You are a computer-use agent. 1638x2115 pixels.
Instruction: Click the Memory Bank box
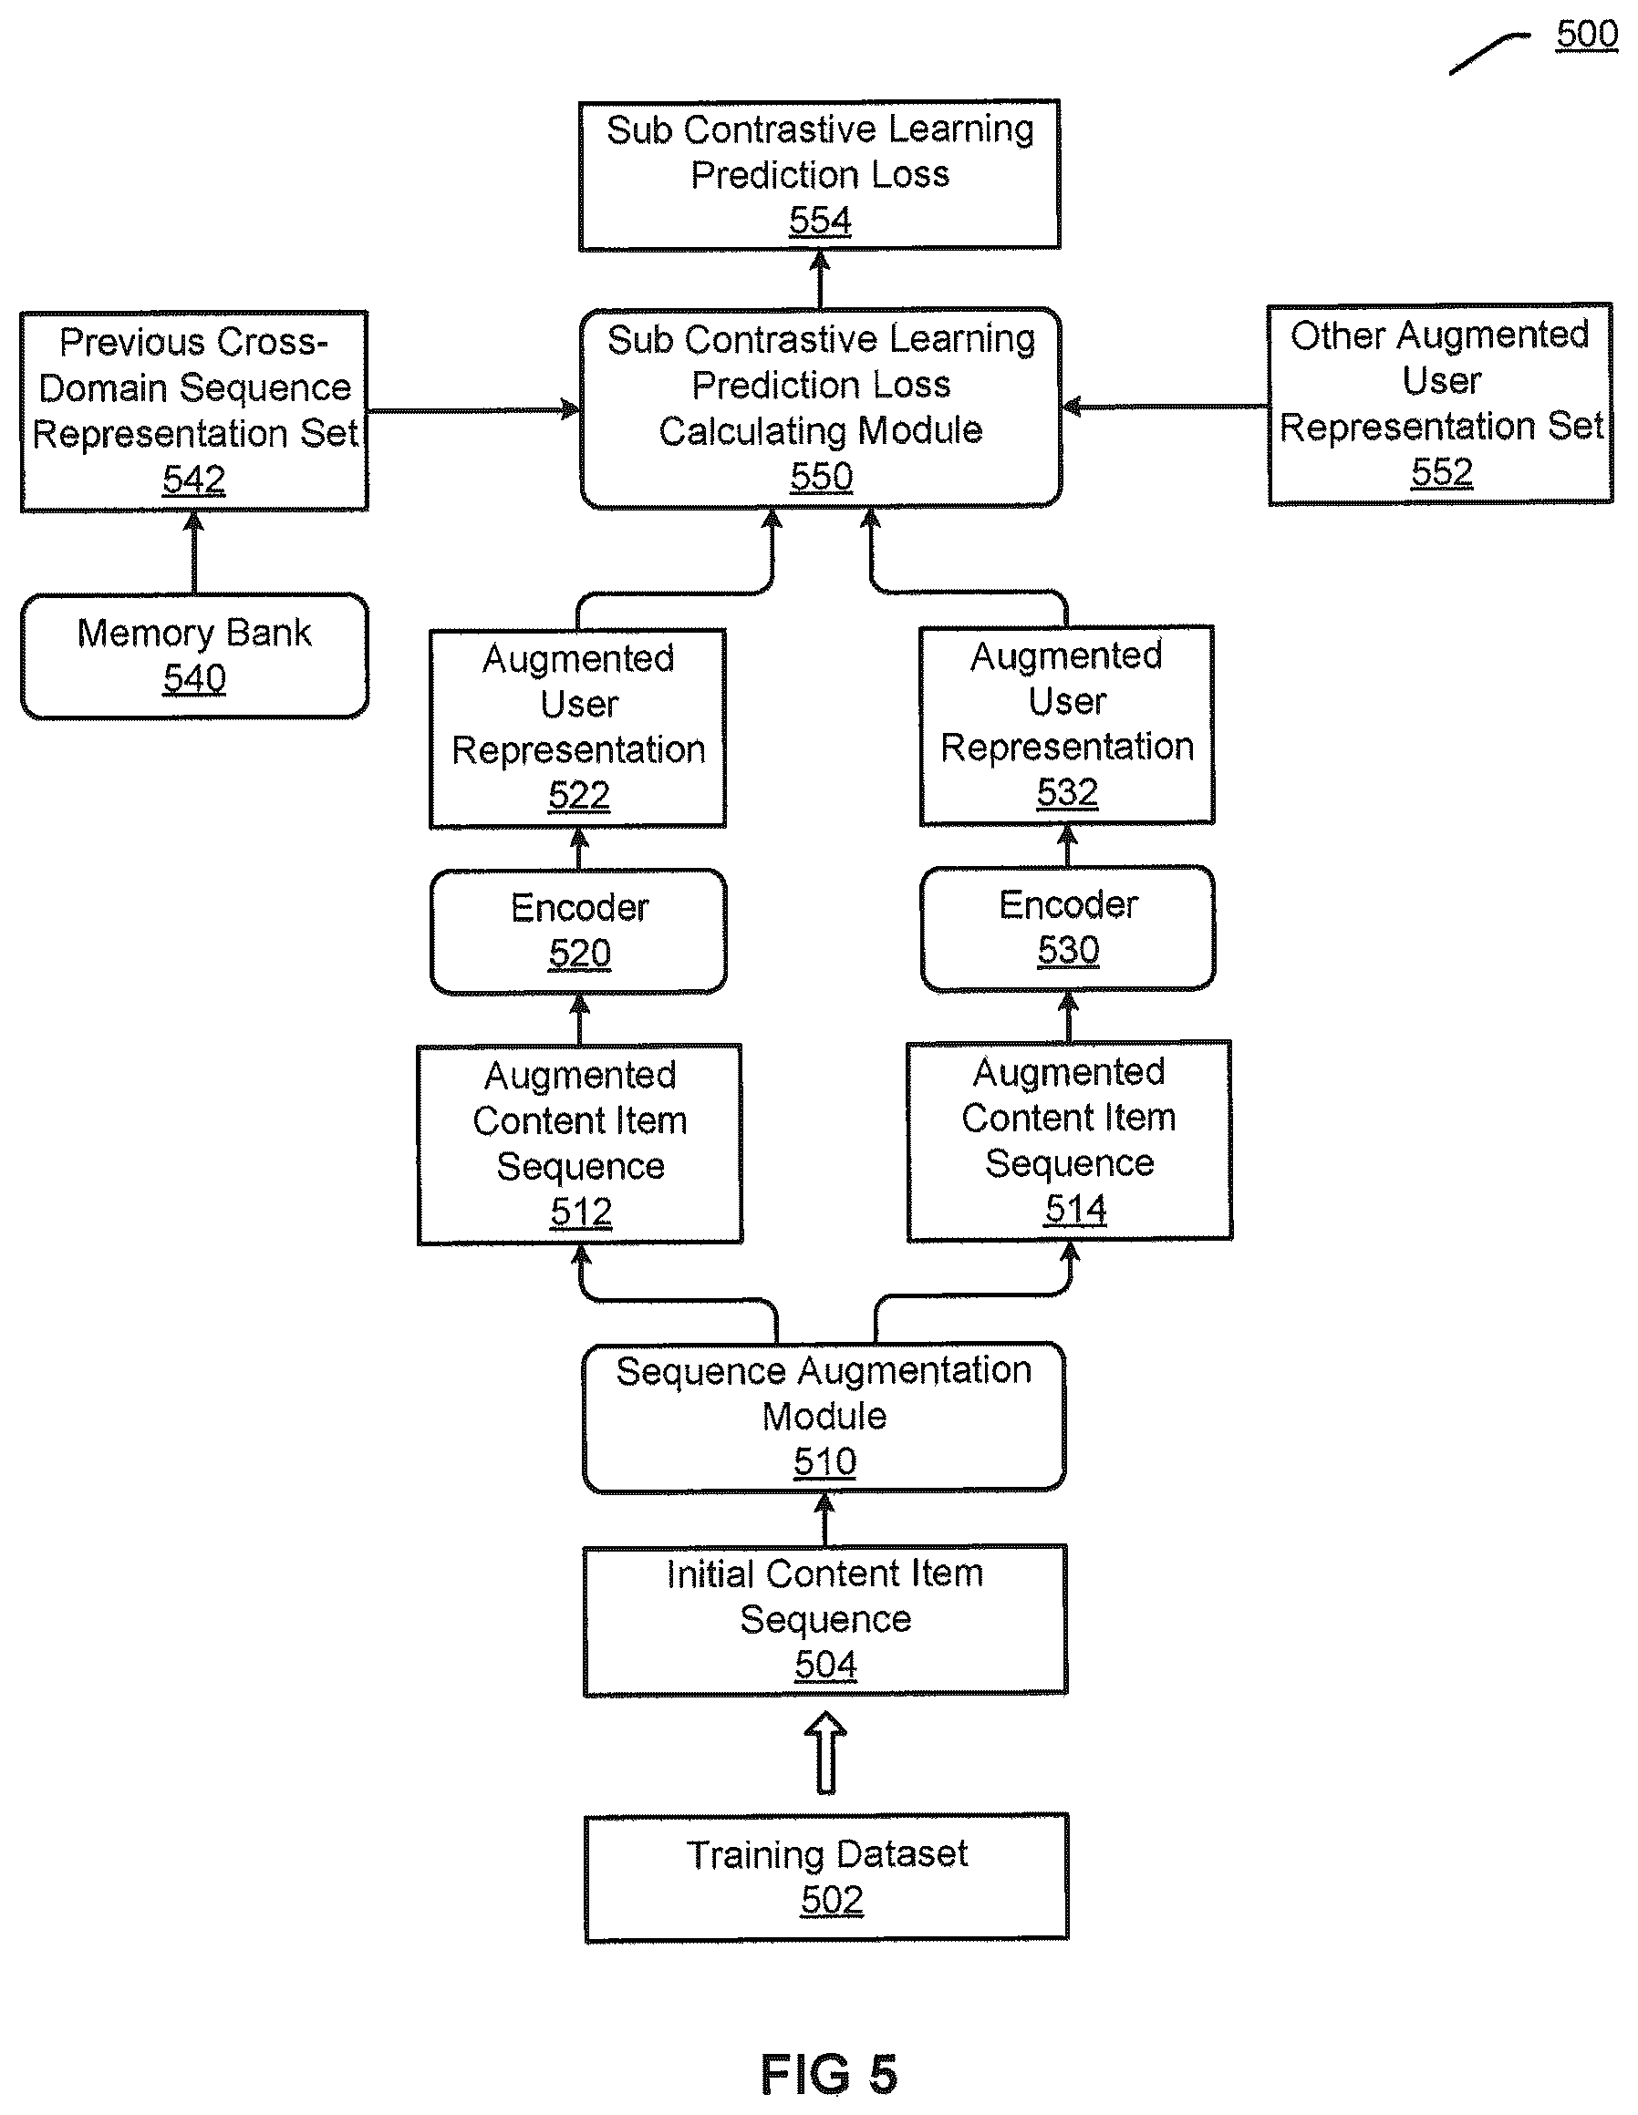pyautogui.click(x=194, y=655)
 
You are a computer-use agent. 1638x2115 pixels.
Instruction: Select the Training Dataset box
pyautogui.click(x=826, y=1877)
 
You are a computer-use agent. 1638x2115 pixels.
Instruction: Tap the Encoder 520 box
pyautogui.click(x=578, y=931)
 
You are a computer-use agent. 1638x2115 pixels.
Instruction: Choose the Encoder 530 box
pyautogui.click(x=1067, y=928)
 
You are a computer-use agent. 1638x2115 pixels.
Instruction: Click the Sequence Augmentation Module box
pyautogui.click(x=824, y=1416)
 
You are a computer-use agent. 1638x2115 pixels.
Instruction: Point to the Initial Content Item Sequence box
pyautogui.click(x=825, y=1619)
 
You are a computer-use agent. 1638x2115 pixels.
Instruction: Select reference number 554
pyautogui.click(x=820, y=221)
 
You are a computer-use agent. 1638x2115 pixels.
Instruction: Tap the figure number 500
pyautogui.click(x=1587, y=35)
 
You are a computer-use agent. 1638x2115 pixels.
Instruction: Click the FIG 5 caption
pyautogui.click(x=828, y=2073)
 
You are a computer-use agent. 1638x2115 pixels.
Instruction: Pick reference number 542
pyautogui.click(x=193, y=480)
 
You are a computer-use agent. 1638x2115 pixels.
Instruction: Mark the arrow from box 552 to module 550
pyautogui.click(x=1166, y=407)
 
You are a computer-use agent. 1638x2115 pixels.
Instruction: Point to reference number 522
pyautogui.click(x=579, y=795)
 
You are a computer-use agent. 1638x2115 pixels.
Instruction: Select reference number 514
pyautogui.click(x=1075, y=1209)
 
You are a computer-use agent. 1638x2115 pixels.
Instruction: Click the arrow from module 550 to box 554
pyautogui.click(x=821, y=279)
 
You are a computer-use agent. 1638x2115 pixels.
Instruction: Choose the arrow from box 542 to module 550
pyautogui.click(x=474, y=410)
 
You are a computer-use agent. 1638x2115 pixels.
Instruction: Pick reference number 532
pyautogui.click(x=1067, y=792)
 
